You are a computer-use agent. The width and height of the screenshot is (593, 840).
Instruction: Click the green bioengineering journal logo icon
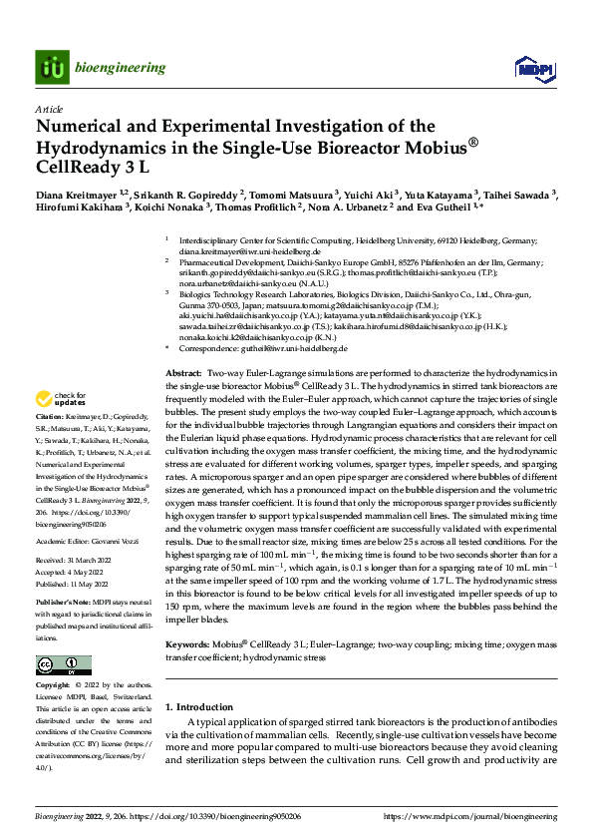tap(51, 67)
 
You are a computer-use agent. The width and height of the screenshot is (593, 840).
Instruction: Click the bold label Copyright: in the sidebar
tap(54, 686)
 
